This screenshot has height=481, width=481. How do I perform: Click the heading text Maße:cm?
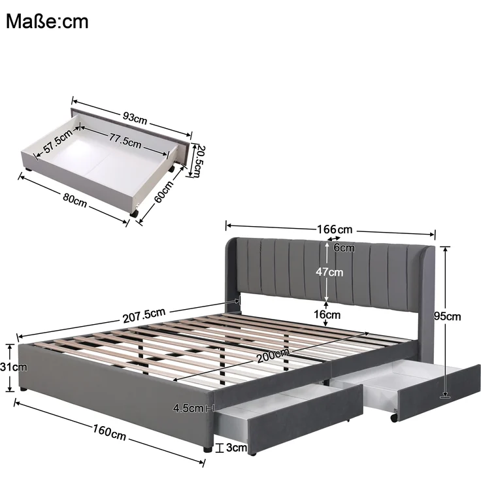47,22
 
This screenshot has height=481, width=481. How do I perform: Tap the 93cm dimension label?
135,118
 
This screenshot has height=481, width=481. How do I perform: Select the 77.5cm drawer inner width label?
125,141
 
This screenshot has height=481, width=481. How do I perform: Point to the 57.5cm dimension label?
58,141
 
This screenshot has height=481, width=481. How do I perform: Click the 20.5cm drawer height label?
198,161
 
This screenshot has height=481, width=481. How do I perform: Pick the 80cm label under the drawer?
75,201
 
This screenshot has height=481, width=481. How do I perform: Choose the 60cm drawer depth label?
164,191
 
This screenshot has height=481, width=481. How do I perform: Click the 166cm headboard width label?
335,229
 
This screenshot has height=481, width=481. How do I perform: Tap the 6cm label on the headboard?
344,248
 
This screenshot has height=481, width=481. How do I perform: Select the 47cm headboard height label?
329,272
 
